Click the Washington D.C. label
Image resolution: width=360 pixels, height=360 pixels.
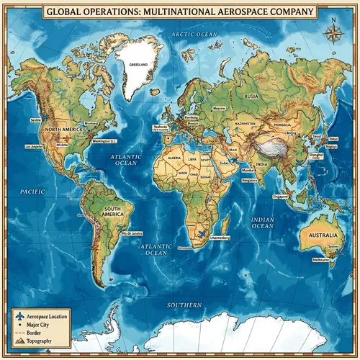[x=105, y=141]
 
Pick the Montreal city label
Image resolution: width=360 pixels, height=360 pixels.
[x=91, y=123]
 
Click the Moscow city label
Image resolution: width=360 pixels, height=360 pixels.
[x=220, y=108]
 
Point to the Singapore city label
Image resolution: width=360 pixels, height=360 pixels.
[x=282, y=195]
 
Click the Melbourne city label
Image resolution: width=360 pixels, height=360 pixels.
[x=320, y=259]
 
